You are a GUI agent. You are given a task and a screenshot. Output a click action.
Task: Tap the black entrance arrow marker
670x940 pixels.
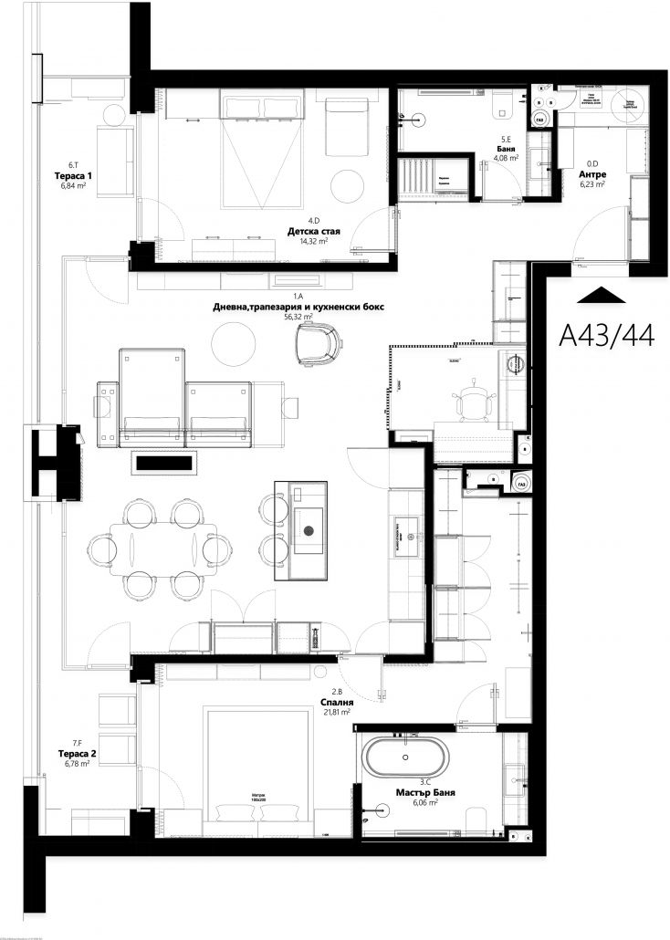point(602,294)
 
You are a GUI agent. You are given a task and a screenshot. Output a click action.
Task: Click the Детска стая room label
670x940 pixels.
point(313,233)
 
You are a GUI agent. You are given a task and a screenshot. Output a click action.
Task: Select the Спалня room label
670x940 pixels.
point(337,703)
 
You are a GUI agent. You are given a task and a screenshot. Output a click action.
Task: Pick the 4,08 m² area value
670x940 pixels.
point(507,158)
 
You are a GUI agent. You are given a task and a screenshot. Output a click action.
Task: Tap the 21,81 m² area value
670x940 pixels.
point(337,713)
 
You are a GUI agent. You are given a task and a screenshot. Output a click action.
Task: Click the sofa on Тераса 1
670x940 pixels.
point(117,162)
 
